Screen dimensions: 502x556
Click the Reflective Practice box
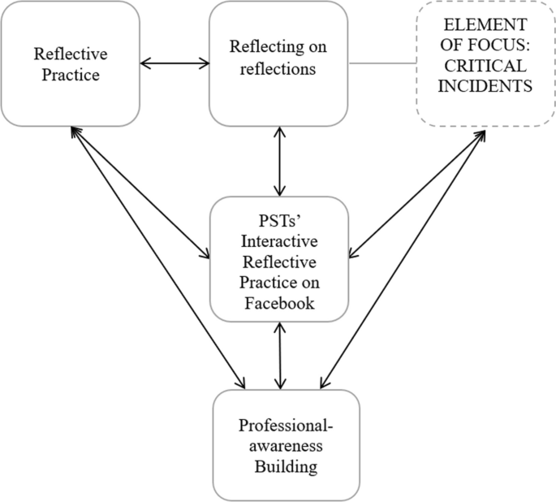click(x=70, y=63)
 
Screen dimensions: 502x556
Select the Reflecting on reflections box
click(x=279, y=63)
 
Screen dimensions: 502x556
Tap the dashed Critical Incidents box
click(x=485, y=63)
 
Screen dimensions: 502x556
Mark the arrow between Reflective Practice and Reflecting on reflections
click(x=175, y=63)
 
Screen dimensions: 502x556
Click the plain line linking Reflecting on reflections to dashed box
click(x=382, y=63)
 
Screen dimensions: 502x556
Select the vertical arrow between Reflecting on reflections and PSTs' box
click(x=280, y=161)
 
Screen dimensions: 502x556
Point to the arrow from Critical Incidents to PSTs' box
click(x=417, y=190)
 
